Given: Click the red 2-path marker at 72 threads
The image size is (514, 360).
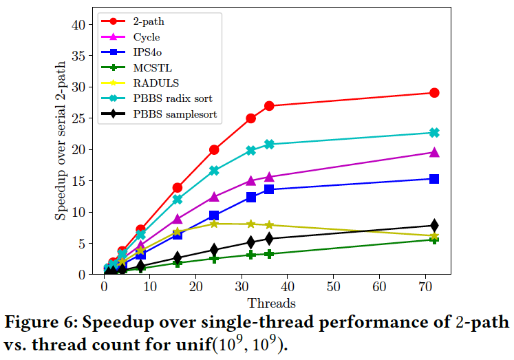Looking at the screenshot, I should [x=434, y=93].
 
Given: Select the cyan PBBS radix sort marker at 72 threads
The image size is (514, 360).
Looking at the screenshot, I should [x=434, y=133].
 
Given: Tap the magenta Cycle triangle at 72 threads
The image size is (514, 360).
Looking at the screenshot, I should [x=434, y=152].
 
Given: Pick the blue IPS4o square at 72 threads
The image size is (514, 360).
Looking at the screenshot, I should [x=434, y=179].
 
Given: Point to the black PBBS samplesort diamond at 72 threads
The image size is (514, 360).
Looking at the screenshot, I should [x=434, y=225].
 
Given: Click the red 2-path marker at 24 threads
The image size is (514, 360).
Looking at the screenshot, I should [x=214, y=149].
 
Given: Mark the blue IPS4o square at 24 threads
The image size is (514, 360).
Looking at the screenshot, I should [x=214, y=215].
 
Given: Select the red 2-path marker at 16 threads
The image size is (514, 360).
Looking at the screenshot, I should [x=178, y=187].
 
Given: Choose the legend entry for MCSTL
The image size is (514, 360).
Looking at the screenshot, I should [x=153, y=67].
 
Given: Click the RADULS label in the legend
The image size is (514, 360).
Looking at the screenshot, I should [x=156, y=83].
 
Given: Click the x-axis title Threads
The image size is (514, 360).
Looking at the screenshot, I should [x=271, y=303].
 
